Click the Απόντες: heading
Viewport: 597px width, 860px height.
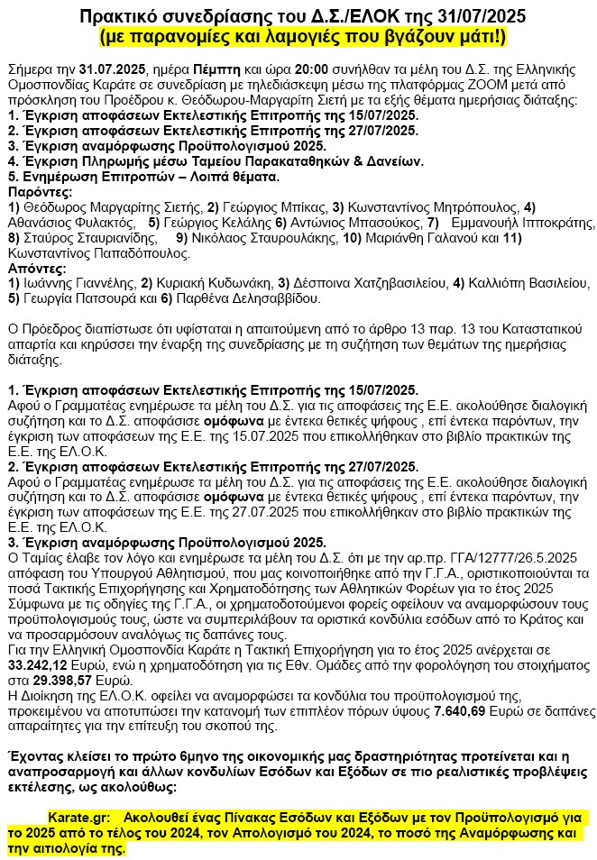[x=35, y=268]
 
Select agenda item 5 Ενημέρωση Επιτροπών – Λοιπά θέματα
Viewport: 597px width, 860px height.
[x=150, y=177]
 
